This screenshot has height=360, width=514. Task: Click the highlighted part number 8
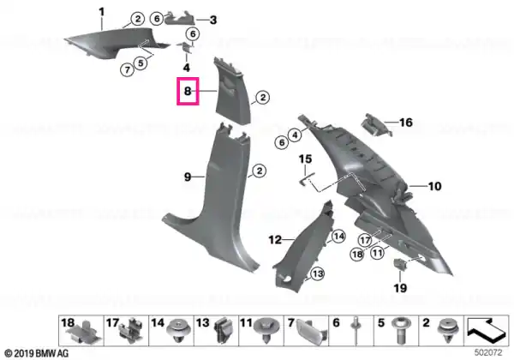pyautogui.click(x=188, y=91)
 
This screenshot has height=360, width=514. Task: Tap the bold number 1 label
pyautogui.click(x=102, y=12)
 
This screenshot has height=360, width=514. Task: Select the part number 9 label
pyautogui.click(x=188, y=177)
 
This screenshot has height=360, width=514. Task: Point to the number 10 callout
pyautogui.click(x=434, y=186)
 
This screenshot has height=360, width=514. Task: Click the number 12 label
pyautogui.click(x=275, y=240)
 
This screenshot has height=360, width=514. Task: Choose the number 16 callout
pyautogui.click(x=405, y=123)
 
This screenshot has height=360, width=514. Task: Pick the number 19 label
pyautogui.click(x=400, y=288)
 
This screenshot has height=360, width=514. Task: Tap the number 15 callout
pyautogui.click(x=305, y=159)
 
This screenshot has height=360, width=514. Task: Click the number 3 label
pyautogui.click(x=213, y=20)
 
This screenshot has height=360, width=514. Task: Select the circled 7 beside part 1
pyautogui.click(x=127, y=69)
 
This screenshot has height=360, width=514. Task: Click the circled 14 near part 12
pyautogui.click(x=338, y=237)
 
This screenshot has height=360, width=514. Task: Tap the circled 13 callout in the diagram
pyautogui.click(x=317, y=273)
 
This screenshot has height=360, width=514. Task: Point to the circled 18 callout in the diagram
pyautogui.click(x=357, y=254)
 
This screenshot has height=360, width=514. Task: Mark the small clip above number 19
pyautogui.click(x=399, y=263)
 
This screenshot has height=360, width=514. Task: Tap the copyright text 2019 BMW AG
pyautogui.click(x=37, y=353)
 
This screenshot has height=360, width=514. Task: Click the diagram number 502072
pyautogui.click(x=488, y=352)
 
